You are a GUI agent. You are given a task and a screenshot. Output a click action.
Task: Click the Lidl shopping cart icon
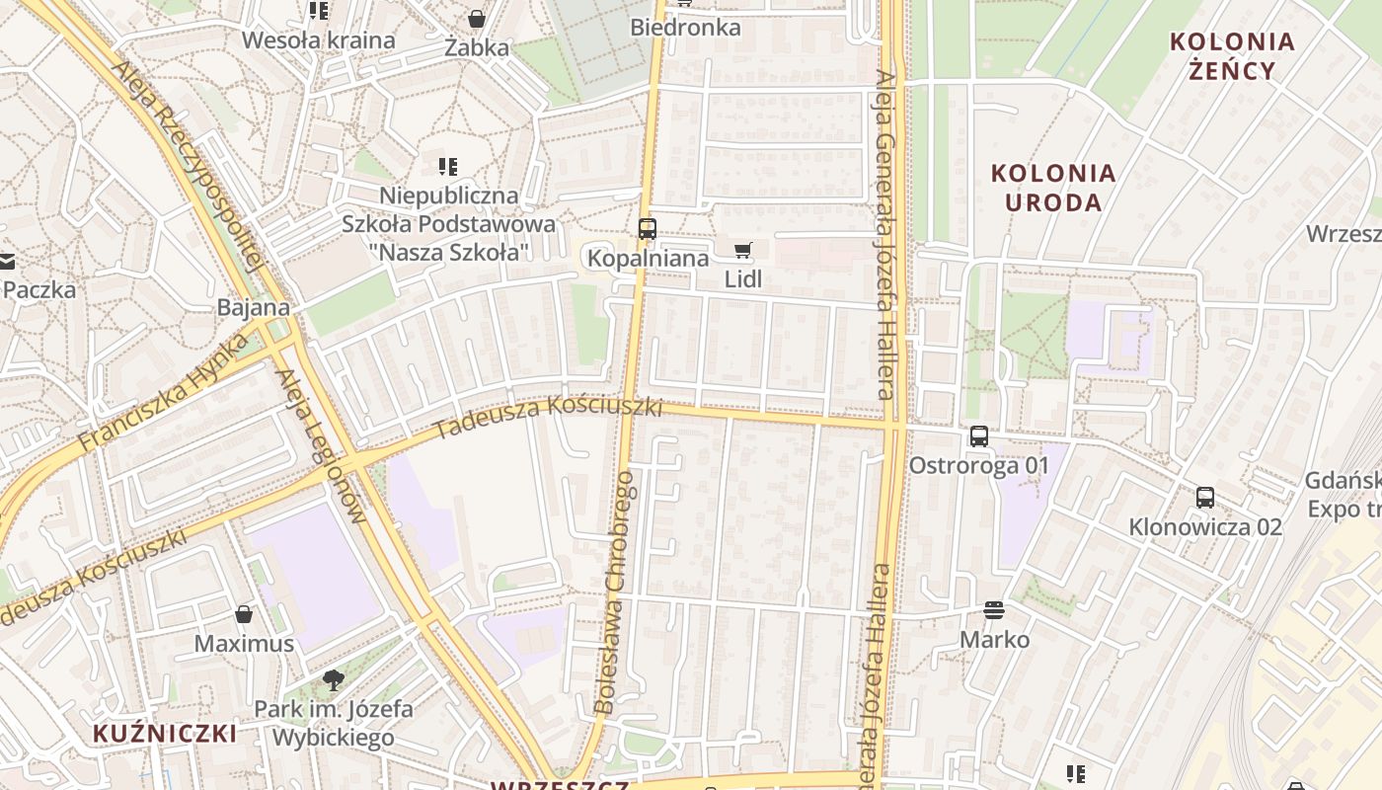coord(743,251)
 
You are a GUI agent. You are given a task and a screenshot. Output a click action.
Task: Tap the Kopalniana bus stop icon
coord(648,229)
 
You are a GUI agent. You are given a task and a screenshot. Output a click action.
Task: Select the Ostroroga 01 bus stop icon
coord(979,435)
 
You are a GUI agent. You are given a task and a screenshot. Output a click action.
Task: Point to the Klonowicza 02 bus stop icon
coord(1205,497)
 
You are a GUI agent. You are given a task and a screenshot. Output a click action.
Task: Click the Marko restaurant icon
coord(994,610)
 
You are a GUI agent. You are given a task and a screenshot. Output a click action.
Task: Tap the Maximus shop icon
coord(244,614)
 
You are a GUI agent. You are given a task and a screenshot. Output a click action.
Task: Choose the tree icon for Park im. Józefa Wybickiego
coord(334,679)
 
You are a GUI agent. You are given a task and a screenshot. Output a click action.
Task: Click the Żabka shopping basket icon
coord(477,19)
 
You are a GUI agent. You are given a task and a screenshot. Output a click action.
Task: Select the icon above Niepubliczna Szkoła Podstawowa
coord(448,167)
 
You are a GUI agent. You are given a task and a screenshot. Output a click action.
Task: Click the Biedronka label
coord(685,28)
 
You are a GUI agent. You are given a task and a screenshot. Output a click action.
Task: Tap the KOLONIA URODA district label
coord(1053,188)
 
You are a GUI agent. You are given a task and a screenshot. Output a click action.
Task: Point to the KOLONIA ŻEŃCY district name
coord(1232,55)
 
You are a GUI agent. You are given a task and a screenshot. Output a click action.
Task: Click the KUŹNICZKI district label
coord(165,734)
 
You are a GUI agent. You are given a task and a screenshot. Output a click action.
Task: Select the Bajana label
coord(254,307)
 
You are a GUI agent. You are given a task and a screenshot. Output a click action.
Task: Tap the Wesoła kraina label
coord(319,40)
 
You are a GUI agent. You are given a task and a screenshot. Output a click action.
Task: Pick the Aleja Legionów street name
coord(320,445)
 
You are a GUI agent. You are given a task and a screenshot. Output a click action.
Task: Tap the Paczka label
coord(39,289)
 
